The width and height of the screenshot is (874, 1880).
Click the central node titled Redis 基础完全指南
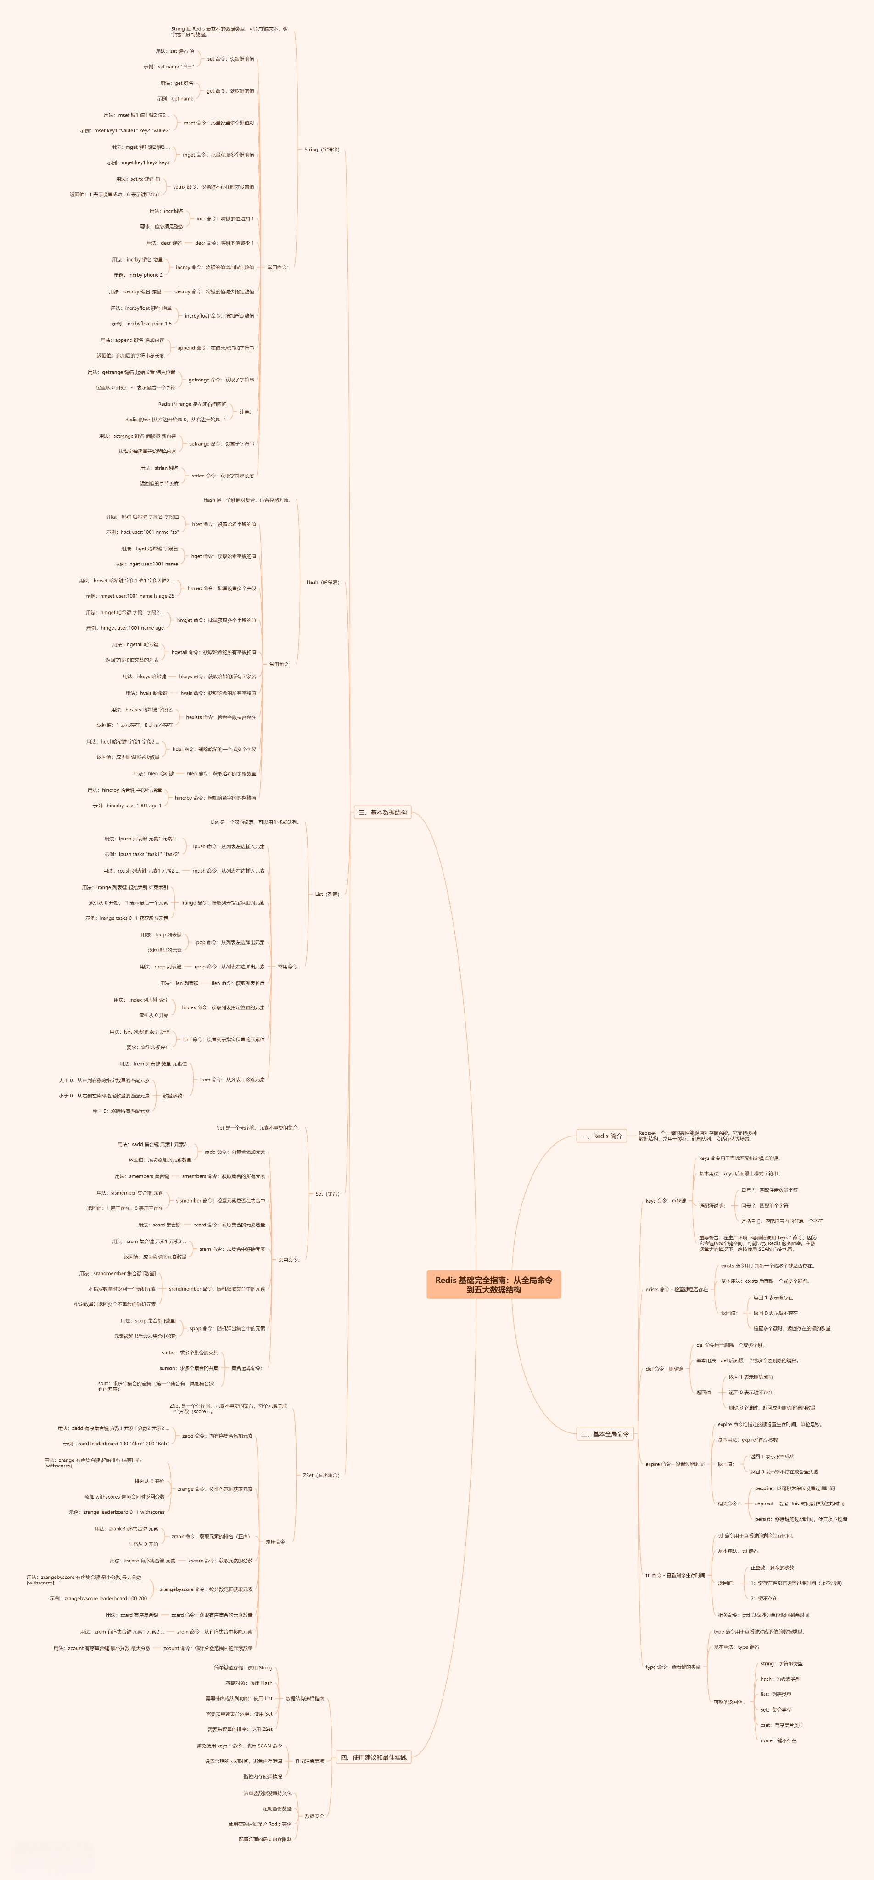493,1285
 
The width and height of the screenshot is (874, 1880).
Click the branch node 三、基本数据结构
382,812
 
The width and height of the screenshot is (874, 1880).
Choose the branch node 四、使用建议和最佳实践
374,1757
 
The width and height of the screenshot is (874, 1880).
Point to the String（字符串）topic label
321,150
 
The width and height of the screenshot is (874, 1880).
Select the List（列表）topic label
326,894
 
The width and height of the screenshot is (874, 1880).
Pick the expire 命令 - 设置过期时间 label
675,1464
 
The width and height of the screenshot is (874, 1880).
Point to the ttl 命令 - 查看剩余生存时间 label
675,1575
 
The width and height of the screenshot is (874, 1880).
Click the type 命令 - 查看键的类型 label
672,1667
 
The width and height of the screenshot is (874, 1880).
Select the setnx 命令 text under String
213,187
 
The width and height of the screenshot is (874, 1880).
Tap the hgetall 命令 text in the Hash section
213,653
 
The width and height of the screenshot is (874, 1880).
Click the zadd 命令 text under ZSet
217,1436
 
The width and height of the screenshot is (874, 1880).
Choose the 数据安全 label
314,1816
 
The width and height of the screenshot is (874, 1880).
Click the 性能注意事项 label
309,1761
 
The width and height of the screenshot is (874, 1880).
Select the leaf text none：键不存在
779,1740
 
